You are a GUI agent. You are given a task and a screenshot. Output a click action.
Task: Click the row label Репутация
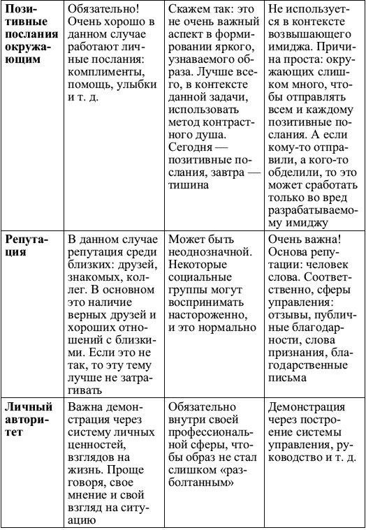coord(29,247)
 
